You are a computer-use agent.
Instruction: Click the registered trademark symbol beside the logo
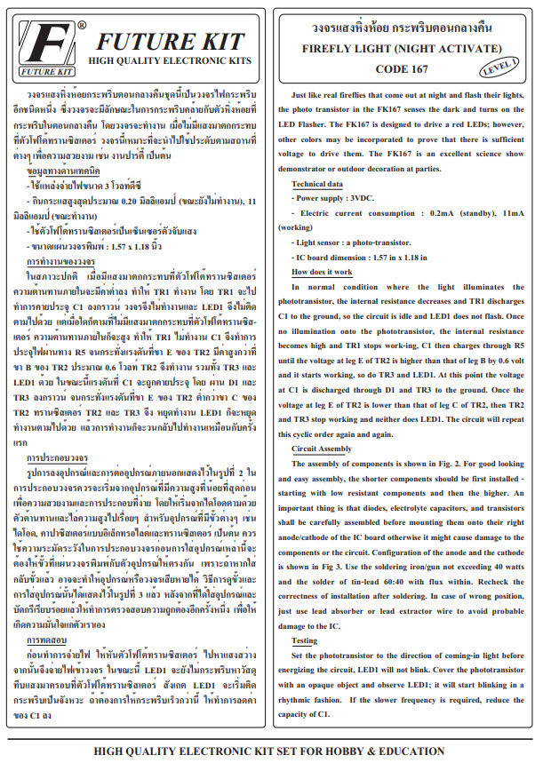tap(83, 25)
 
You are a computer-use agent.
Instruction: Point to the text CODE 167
tap(402, 68)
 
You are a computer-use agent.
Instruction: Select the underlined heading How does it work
tap(321, 272)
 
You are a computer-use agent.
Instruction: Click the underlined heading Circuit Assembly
tap(322, 449)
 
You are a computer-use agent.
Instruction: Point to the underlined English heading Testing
tap(305, 640)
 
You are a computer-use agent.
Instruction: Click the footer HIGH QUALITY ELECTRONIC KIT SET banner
tap(275, 751)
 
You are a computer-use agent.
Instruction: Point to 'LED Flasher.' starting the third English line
tap(299, 126)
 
